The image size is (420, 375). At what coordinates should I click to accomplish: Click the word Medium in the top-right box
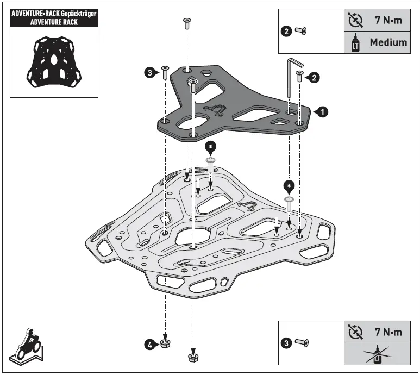(x=388, y=42)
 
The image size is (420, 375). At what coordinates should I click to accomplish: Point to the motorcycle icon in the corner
(x=28, y=343)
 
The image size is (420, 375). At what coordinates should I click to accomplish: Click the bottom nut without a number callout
(x=192, y=357)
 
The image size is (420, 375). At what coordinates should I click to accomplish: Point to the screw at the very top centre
(x=186, y=23)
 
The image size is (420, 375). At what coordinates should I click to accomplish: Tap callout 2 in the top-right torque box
(x=287, y=32)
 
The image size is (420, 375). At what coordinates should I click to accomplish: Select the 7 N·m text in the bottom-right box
(x=388, y=332)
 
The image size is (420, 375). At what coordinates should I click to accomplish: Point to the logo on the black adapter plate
(x=216, y=110)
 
